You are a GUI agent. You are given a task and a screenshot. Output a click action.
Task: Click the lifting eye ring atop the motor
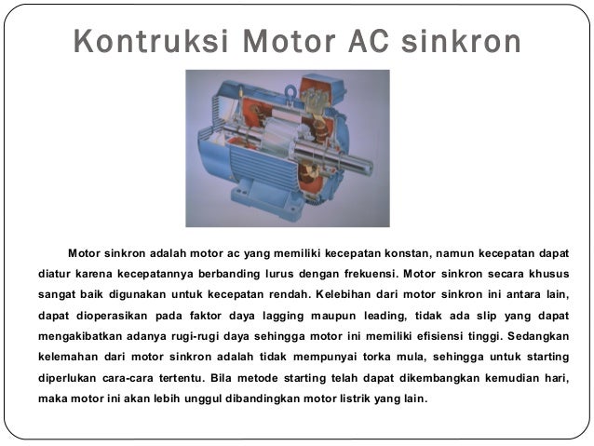(290, 91)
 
